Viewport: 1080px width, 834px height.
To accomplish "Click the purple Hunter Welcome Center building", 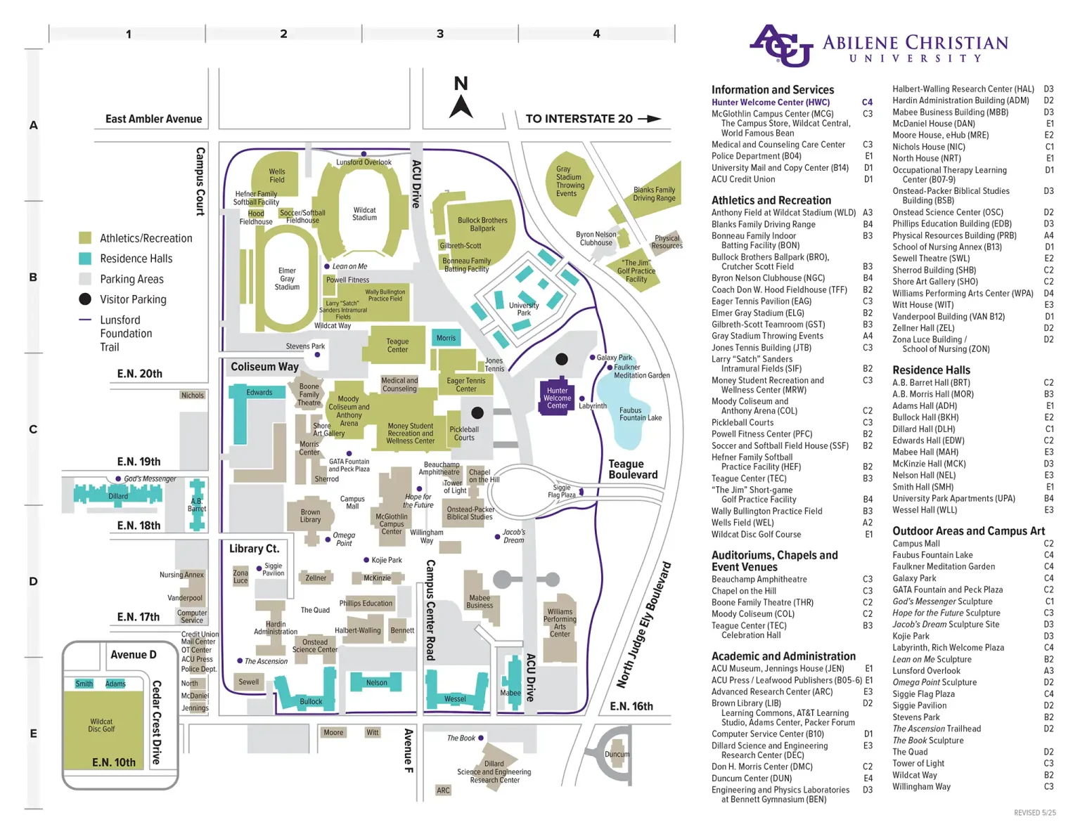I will [557, 398].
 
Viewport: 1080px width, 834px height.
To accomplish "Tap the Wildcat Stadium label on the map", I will [364, 214].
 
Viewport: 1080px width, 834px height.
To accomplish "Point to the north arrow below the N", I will [461, 107].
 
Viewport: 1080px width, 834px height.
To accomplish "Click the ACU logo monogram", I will [780, 46].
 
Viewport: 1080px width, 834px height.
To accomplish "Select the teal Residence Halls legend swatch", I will [85, 259].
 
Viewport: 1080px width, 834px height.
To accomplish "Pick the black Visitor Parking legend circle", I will [85, 299].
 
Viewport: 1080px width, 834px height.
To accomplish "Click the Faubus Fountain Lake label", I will [640, 414].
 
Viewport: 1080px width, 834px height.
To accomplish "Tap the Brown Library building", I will [310, 516].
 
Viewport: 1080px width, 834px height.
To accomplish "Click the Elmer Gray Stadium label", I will [287, 279].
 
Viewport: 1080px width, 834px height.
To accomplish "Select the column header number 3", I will [440, 34].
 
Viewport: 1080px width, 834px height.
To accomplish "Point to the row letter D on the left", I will [33, 582].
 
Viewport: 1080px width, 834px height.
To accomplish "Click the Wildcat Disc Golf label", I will [101, 725].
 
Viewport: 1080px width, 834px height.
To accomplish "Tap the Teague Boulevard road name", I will [633, 469].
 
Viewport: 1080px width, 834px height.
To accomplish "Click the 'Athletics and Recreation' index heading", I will [771, 200].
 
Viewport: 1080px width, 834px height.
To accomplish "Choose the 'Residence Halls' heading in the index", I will [931, 370].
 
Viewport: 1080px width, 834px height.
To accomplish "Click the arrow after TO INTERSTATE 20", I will [650, 119].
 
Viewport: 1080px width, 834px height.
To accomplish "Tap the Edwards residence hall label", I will [259, 393].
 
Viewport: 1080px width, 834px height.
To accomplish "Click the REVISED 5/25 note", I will [1034, 813].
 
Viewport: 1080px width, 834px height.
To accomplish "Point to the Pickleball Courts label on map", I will [464, 434].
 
